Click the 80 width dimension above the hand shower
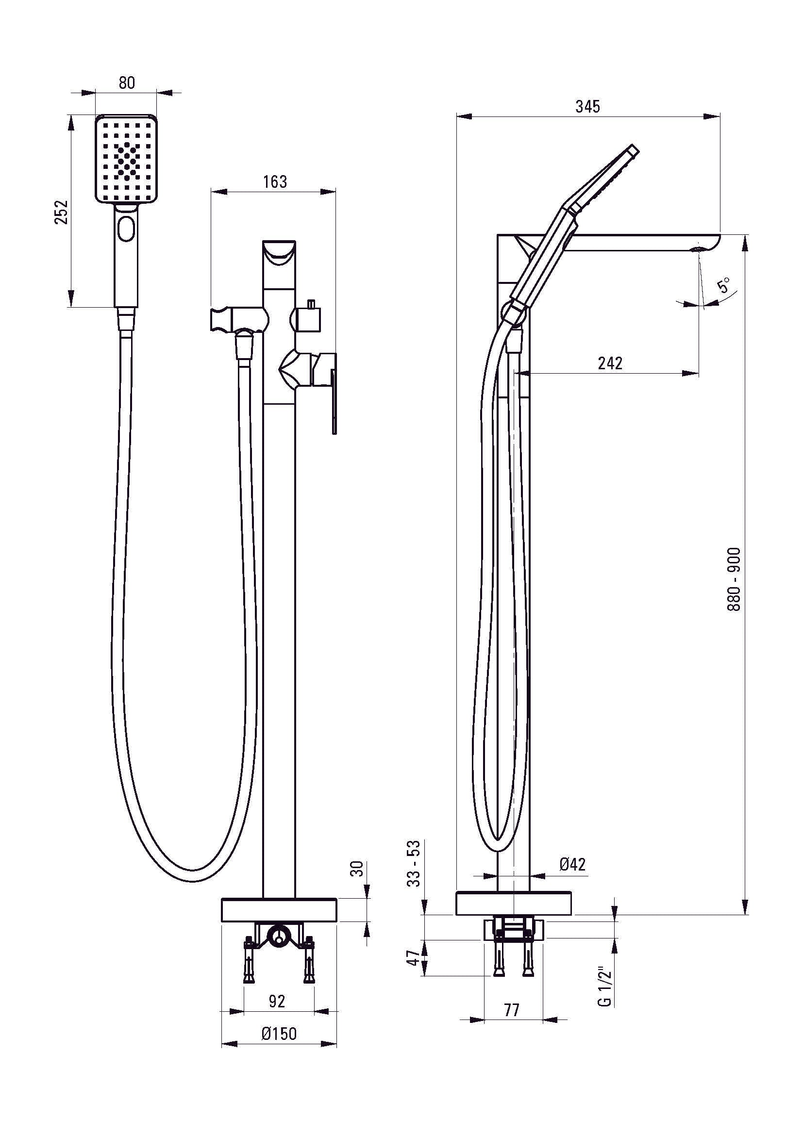click(127, 82)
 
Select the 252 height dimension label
click(61, 212)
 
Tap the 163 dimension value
click(275, 182)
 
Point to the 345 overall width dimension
click(587, 106)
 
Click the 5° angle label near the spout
click(724, 285)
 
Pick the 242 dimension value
click(610, 363)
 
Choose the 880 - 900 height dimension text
click(734, 579)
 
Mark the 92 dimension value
click(277, 1001)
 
